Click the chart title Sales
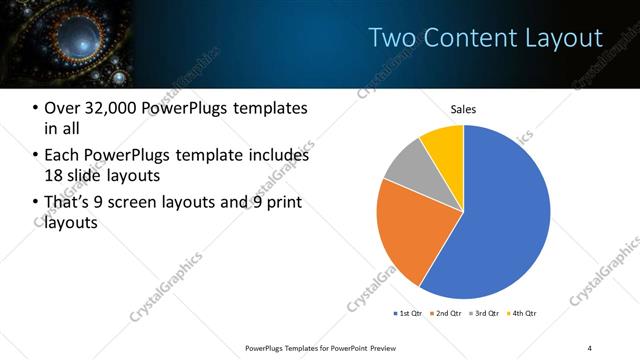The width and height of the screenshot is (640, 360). tap(463, 109)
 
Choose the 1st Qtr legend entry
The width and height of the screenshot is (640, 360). tap(409, 313)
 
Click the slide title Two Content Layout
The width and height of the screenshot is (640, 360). tap(485, 38)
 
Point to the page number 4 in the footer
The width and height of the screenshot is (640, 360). tap(590, 347)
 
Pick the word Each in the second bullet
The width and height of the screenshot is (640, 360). tap(62, 156)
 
